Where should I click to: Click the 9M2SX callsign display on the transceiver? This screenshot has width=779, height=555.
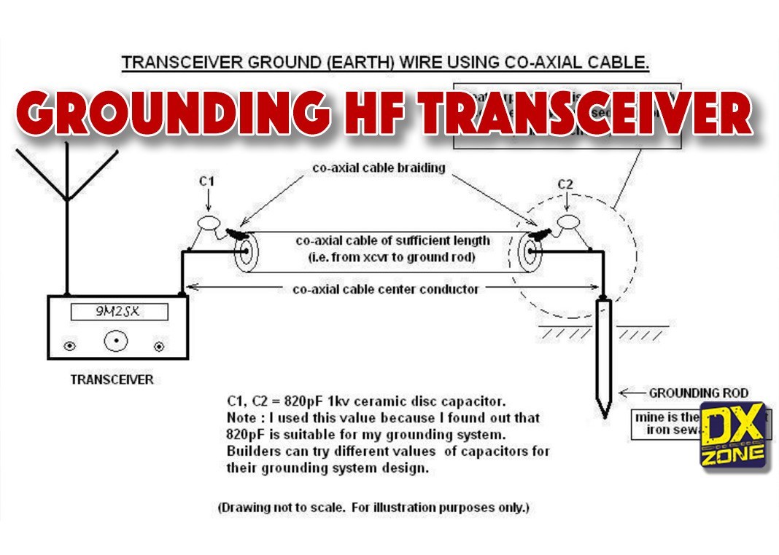coord(119,312)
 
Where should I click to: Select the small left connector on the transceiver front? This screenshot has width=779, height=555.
coord(70,347)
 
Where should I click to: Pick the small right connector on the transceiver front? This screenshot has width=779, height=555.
coord(159,347)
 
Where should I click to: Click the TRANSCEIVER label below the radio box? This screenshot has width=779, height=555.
coord(112,379)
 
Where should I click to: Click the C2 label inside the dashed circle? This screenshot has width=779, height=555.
coord(565,184)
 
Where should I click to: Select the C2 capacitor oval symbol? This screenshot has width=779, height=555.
coord(567,221)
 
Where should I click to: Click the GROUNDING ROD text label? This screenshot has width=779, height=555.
coord(698,393)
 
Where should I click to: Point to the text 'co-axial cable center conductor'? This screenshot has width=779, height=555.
coord(386,289)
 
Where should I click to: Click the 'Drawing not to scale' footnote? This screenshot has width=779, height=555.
coord(373,506)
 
